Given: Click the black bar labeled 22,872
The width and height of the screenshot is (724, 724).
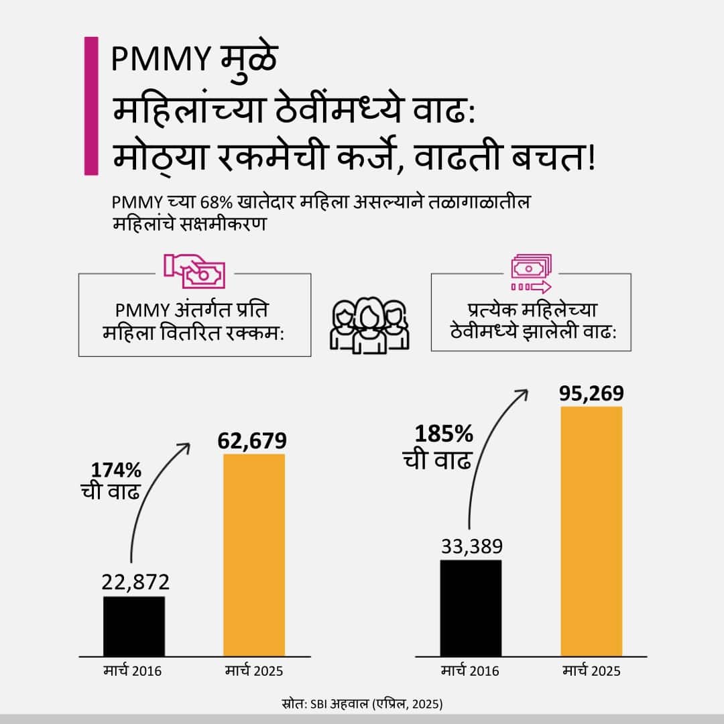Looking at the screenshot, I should (134, 626).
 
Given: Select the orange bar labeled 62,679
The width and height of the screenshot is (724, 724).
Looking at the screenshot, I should (254, 555).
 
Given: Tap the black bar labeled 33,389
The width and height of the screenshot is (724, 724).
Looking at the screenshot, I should (471, 608).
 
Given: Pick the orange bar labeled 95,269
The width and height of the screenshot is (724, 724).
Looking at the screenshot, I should (591, 531).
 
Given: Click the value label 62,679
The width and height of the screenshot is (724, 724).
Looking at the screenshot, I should (252, 440).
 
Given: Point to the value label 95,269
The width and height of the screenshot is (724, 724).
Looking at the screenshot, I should (591, 393).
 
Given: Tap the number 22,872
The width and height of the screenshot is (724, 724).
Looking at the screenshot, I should (135, 582).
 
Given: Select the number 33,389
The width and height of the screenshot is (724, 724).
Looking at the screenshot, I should (471, 546).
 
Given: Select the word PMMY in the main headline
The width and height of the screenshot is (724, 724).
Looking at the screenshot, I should (161, 60).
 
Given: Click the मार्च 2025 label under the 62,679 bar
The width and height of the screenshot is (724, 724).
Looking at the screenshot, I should (255, 671).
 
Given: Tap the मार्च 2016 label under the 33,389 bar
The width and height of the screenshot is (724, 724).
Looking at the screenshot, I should (470, 671).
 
